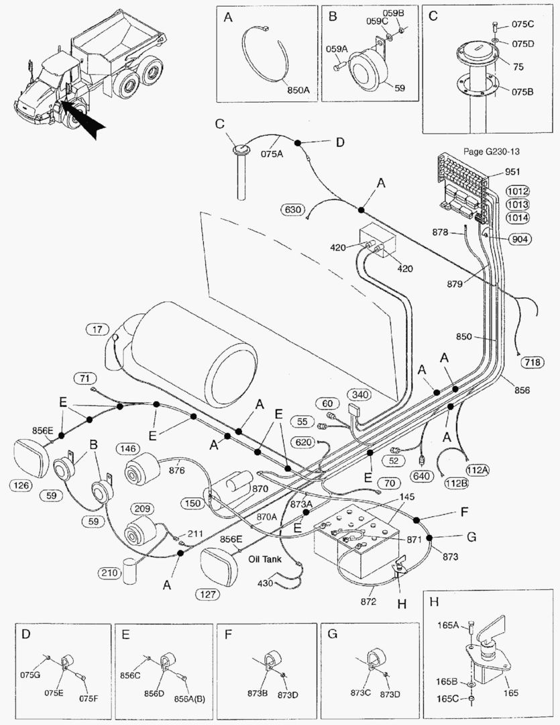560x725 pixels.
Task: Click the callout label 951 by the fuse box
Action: pyautogui.click(x=502, y=172)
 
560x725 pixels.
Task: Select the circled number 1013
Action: pyautogui.click(x=518, y=204)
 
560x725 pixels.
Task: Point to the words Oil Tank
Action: pyautogui.click(x=265, y=558)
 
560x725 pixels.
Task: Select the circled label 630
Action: pyautogui.click(x=292, y=209)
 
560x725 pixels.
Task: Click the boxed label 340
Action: pyautogui.click(x=359, y=394)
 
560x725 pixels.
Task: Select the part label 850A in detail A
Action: pyautogui.click(x=298, y=88)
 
